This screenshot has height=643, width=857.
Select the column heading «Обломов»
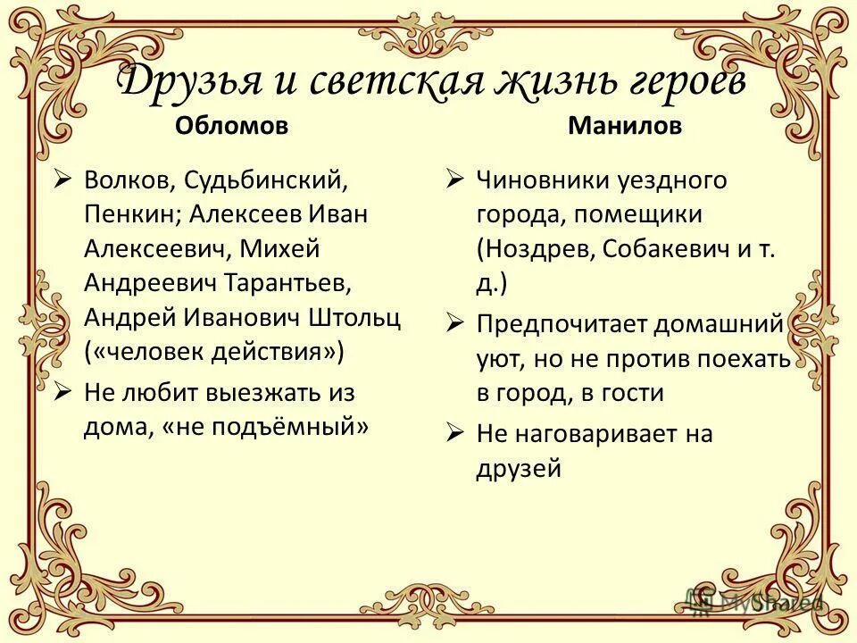click(x=231, y=126)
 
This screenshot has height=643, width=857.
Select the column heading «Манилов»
click(x=624, y=126)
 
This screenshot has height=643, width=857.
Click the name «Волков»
click(x=129, y=180)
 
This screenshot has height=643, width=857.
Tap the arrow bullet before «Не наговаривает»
click(x=455, y=433)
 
